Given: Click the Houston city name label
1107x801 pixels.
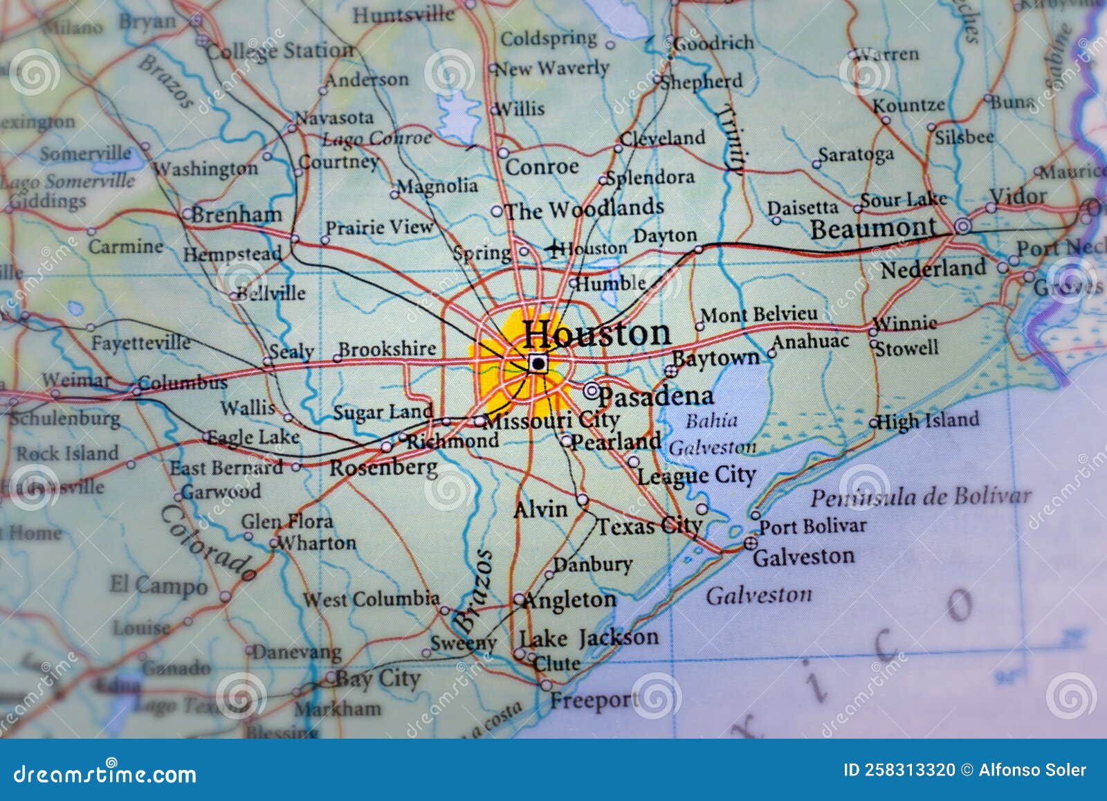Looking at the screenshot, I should click(x=596, y=334).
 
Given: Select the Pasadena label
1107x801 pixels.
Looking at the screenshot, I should click(x=655, y=397).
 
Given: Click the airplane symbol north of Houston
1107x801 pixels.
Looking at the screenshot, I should click(x=553, y=248).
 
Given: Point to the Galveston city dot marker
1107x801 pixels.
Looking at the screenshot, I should click(x=751, y=544).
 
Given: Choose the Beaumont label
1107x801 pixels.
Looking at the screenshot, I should click(x=873, y=228).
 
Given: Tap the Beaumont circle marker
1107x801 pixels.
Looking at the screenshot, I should click(x=962, y=226).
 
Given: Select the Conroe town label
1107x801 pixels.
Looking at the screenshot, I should click(x=542, y=167).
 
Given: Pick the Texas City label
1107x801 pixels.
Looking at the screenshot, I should click(x=649, y=526).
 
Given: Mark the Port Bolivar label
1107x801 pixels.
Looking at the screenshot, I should click(x=813, y=526).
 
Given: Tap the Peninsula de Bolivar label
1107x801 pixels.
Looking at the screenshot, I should click(x=920, y=497).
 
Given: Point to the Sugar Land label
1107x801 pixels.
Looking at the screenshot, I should click(x=383, y=413).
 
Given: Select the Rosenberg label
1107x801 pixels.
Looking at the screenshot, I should click(x=383, y=468).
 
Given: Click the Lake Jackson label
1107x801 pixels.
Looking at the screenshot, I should click(x=589, y=638).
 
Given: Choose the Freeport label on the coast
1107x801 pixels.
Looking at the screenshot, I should click(x=593, y=701).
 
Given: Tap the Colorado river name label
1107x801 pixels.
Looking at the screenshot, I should click(x=208, y=543).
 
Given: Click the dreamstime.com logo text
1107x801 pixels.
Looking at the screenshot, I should click(x=105, y=773).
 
